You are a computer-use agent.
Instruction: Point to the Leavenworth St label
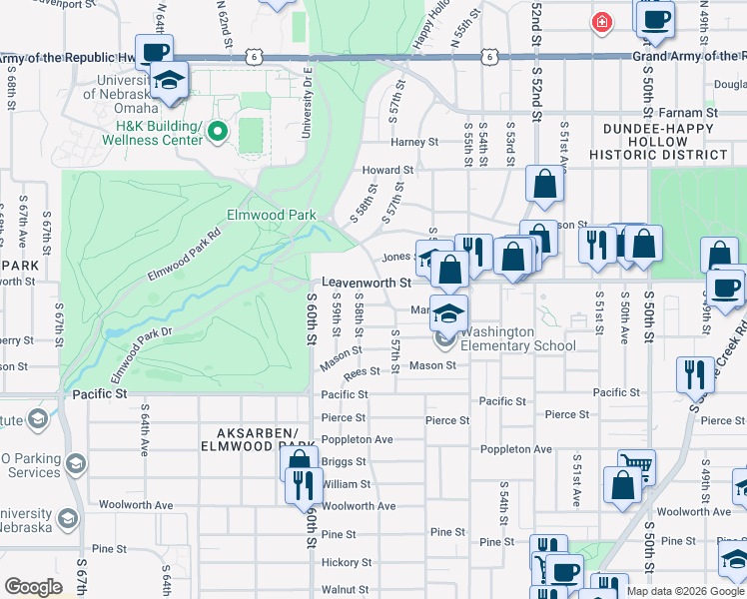[367, 284]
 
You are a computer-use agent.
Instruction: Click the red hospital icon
[601, 22]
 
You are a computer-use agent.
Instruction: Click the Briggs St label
[345, 462]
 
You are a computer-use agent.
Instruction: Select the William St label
[346, 484]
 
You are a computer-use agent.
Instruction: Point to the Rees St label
[362, 371]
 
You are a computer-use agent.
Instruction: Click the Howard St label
[380, 171]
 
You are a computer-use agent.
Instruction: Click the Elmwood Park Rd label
[183, 257]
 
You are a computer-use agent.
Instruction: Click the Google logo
[33, 587]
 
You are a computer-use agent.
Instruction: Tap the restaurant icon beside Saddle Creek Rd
[695, 373]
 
